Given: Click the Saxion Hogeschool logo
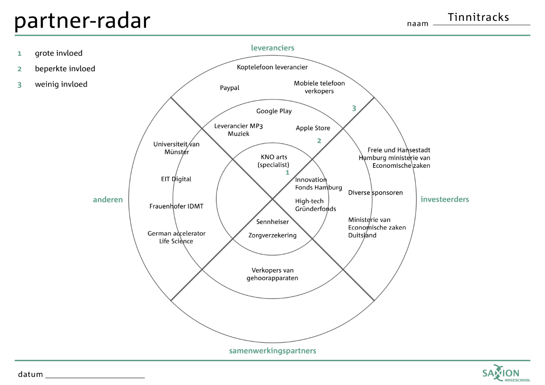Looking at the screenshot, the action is click(x=506, y=373).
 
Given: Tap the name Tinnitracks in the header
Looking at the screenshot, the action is click(x=478, y=17).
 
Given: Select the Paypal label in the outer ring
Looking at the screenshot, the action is click(x=229, y=88).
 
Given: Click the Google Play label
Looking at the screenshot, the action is click(x=274, y=111).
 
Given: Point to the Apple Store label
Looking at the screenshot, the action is click(x=313, y=128).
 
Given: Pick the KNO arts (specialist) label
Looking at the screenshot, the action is click(x=273, y=161).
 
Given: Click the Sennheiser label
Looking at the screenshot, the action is click(x=272, y=222).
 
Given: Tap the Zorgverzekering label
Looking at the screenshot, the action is click(x=272, y=236).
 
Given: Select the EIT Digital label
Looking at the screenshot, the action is click(x=176, y=179).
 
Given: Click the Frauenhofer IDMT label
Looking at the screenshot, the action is click(x=176, y=207).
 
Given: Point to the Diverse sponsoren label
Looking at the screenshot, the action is click(x=376, y=193).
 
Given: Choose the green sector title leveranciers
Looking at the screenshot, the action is click(x=272, y=48).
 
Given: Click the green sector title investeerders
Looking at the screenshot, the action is click(x=445, y=199).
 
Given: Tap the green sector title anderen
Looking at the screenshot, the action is click(x=108, y=200).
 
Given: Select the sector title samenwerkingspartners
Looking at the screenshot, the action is click(x=272, y=351).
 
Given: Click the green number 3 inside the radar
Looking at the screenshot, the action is click(x=354, y=108).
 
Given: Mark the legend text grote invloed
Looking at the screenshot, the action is click(x=59, y=53).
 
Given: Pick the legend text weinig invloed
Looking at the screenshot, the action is click(x=61, y=84).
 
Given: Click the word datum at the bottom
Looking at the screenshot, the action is click(x=30, y=374).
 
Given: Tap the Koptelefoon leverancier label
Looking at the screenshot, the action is click(x=272, y=67).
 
